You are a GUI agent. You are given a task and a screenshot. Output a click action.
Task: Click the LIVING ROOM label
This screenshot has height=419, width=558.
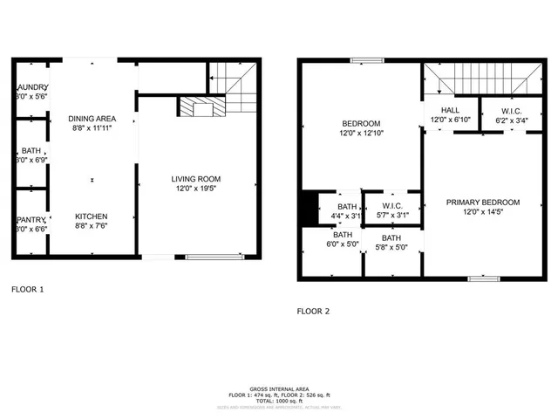coord(196,179)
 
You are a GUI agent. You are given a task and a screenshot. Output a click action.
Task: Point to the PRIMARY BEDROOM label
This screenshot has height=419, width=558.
coord(482,203)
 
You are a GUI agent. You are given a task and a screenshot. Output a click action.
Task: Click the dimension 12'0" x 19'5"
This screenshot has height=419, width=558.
coord(196,189)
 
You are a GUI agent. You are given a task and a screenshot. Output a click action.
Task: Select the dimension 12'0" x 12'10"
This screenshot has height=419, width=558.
coord(360,133)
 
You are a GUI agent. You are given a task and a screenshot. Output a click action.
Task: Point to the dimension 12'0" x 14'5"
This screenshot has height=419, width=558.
coord(482,212)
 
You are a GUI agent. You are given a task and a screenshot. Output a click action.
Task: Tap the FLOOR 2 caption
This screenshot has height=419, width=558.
coord(313,311)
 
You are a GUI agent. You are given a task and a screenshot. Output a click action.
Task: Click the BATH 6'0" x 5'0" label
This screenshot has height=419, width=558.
coord(341,240)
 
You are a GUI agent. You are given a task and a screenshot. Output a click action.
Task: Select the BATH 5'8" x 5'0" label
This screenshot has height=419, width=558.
coord(391,243)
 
